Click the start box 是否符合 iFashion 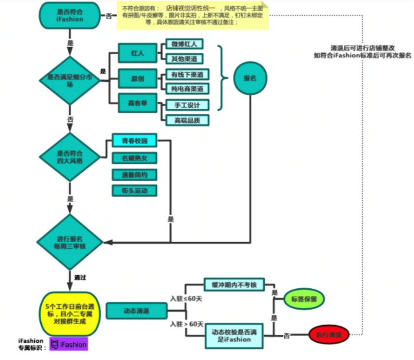[x=70, y=15]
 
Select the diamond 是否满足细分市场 [x=70, y=80]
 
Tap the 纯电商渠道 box [x=187, y=89]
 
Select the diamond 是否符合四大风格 [x=70, y=157]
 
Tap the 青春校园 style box [x=134, y=141]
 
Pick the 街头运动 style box [x=134, y=191]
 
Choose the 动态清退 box [x=136, y=311]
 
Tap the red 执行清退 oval [x=328, y=334]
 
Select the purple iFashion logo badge [x=68, y=345]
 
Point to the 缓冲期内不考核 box [x=234, y=284]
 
